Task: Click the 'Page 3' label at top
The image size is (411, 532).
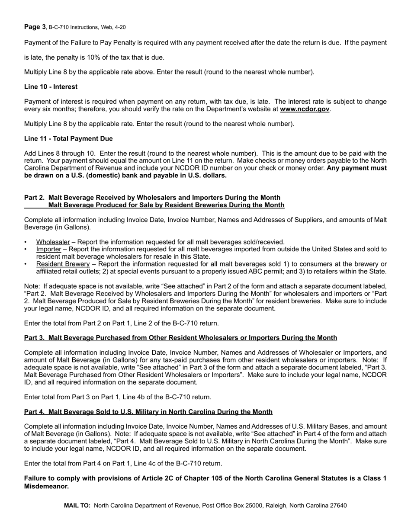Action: pos(35,27)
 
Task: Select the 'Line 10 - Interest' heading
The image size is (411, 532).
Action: pos(51,87)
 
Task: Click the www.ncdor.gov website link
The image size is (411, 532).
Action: pos(305,109)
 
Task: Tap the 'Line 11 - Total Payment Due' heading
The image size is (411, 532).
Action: pos(68,138)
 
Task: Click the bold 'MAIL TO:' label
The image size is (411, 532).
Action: pos(77,505)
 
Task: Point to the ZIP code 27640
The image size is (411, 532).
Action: pos(337,505)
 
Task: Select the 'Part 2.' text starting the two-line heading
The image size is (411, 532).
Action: pos(34,197)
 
